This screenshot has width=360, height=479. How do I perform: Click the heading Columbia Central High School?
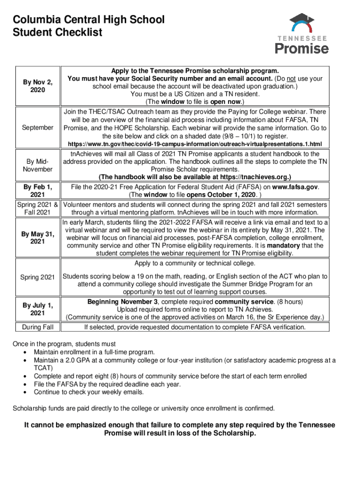(x=89, y=20)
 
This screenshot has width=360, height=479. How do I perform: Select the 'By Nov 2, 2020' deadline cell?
(x=37, y=86)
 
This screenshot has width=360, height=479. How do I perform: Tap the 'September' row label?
(x=37, y=128)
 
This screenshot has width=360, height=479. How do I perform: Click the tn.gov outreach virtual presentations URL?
(x=195, y=144)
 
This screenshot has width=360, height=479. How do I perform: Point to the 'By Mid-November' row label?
(x=37, y=165)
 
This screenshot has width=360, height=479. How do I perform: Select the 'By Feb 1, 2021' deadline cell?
(x=37, y=190)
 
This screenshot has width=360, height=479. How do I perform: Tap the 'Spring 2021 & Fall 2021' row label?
(x=37, y=209)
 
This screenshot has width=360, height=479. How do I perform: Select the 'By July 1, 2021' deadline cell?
(x=37, y=309)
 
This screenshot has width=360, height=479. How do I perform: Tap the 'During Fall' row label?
(x=37, y=327)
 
